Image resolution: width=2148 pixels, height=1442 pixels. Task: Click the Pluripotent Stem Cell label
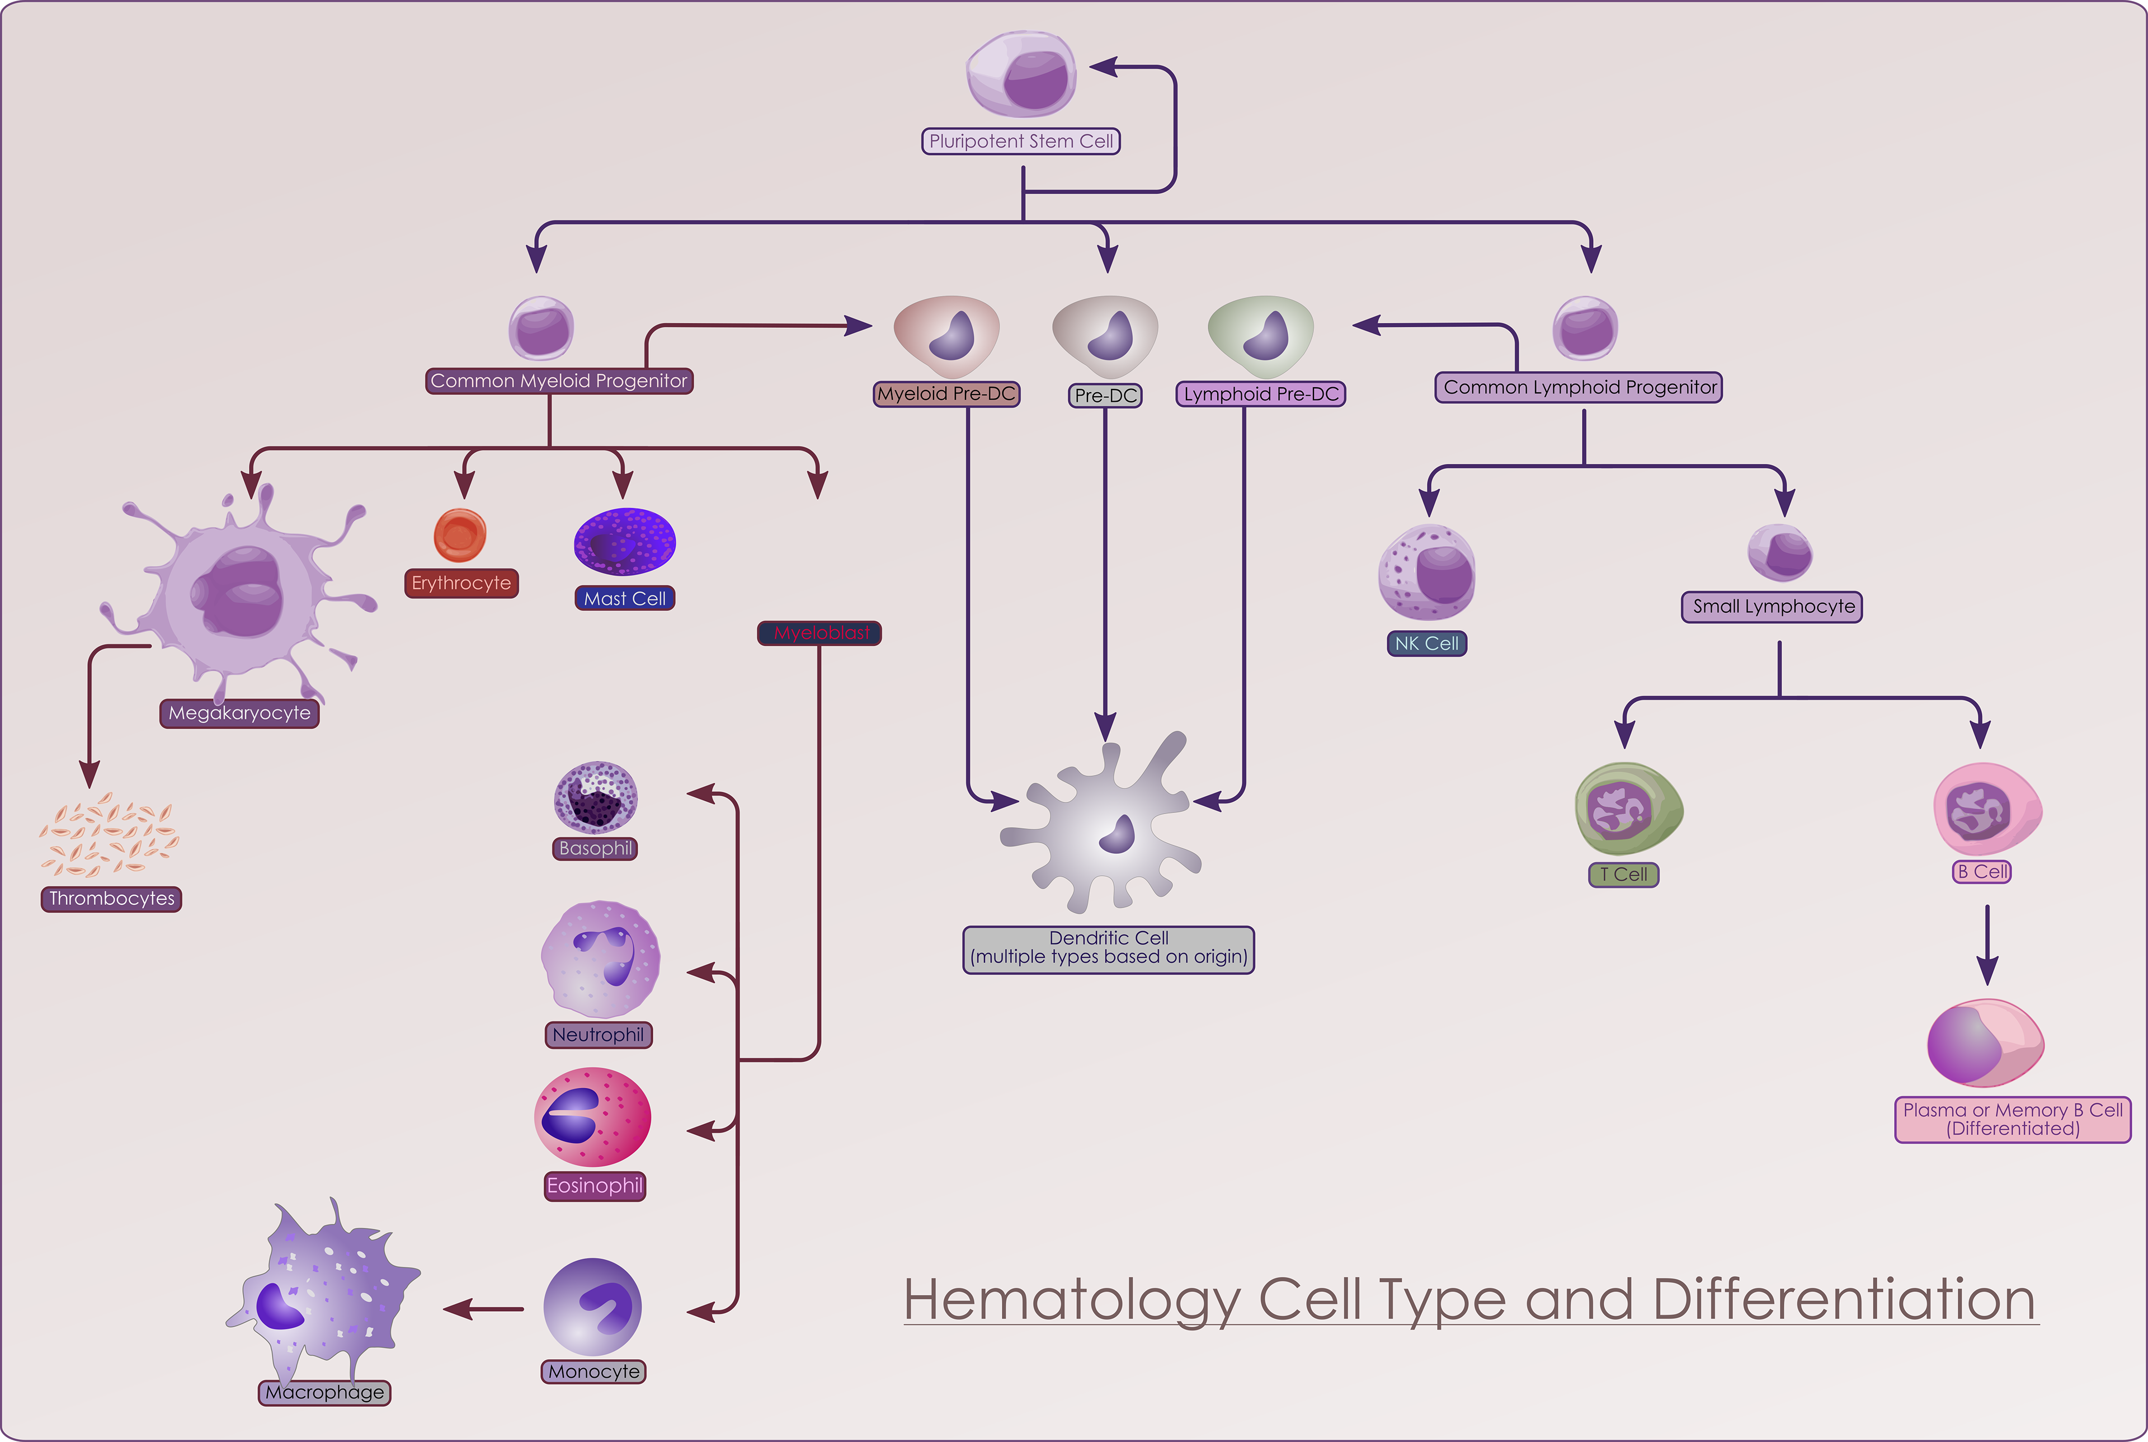click(1020, 142)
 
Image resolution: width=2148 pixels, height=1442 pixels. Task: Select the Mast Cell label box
click(625, 599)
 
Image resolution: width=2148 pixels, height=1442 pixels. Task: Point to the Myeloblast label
click(820, 633)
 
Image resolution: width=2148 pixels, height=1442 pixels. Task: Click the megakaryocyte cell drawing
click(241, 593)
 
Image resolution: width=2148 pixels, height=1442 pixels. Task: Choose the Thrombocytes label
click(111, 899)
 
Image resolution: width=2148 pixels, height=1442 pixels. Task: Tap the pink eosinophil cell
click(593, 1117)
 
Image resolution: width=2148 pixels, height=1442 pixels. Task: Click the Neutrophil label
click(599, 1035)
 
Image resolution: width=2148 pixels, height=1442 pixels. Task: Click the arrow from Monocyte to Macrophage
click(483, 1309)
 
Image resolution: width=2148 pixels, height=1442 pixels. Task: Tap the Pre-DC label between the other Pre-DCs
click(1106, 396)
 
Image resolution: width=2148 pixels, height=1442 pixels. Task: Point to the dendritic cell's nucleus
click(1119, 835)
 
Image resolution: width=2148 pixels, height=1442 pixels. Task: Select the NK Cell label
click(1426, 644)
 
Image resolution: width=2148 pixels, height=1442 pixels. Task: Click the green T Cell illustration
click(1628, 809)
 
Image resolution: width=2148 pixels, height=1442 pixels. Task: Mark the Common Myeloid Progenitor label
click(559, 381)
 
